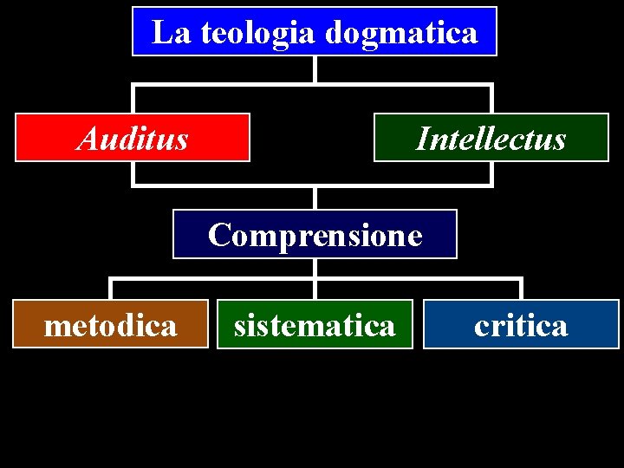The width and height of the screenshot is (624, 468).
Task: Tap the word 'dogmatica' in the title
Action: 401,33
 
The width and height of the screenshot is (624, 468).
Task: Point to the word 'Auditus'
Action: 133,138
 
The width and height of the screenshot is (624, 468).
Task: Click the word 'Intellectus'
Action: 491,139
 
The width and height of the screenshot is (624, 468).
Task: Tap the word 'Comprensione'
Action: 315,235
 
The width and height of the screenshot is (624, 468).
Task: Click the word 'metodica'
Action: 110,325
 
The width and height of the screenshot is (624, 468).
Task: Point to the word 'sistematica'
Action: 315,325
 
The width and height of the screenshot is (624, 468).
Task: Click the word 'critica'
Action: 521,325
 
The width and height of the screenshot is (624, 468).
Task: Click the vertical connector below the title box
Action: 315,69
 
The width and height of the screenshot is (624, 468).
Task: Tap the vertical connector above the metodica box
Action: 110,289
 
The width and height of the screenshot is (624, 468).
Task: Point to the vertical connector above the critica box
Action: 521,289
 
